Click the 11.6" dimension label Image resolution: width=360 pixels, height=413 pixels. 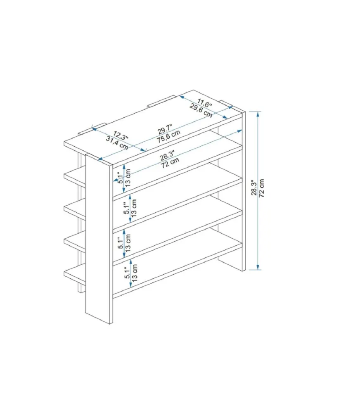tap(204, 103)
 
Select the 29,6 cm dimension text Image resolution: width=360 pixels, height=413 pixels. tap(201, 111)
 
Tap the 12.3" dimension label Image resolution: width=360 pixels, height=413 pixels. tap(121, 135)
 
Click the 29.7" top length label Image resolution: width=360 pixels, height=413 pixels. tap(165, 129)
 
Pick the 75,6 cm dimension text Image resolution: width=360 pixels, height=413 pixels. tap(168, 136)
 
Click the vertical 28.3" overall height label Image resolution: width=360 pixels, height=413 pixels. tap(254, 188)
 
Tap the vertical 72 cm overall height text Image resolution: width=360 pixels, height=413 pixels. tap(261, 188)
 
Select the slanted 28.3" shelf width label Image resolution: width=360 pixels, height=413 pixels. tap(167, 155)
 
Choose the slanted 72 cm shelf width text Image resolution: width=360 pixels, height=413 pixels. tap(170, 163)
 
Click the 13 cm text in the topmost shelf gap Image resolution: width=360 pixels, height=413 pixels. tap(128, 178)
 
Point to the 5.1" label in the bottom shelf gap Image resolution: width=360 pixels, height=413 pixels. tap(128, 273)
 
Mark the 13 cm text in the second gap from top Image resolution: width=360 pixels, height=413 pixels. tap(134, 208)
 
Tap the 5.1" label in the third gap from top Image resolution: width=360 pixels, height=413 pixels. tap(121, 242)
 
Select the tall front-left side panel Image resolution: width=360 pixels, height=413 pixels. tap(99, 238)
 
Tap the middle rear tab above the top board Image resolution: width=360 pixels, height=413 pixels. tap(161, 102)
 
